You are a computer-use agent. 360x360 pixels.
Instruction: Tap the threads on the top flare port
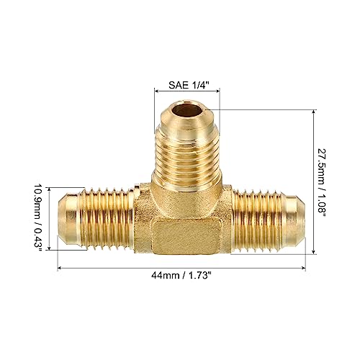[187, 155]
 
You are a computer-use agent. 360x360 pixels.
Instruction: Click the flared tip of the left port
[68, 216]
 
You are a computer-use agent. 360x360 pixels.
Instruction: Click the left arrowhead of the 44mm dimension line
[60, 268]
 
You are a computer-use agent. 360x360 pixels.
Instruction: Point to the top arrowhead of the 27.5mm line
[315, 112]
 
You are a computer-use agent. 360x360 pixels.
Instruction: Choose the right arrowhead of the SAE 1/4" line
[218, 91]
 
